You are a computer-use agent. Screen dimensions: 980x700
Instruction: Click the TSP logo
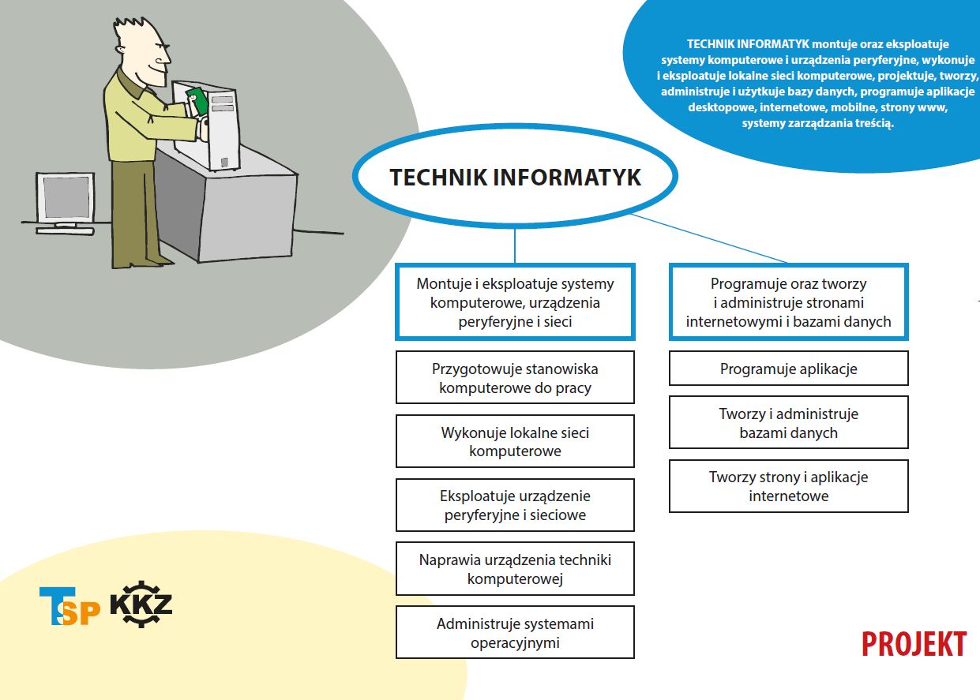point(69,605)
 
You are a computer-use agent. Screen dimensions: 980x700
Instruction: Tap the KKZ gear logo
point(141,605)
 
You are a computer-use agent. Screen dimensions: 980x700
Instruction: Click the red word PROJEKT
point(914,644)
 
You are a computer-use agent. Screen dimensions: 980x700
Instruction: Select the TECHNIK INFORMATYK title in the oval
point(516,177)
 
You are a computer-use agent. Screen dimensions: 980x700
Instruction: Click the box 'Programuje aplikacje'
point(788,368)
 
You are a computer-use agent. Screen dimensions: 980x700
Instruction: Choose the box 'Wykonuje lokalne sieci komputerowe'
point(515,441)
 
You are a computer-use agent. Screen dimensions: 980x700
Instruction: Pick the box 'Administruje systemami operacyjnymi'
point(515,632)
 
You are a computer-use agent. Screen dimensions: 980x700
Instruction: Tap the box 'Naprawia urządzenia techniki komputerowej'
point(515,568)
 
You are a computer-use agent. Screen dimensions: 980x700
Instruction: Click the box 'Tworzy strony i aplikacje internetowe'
point(788,486)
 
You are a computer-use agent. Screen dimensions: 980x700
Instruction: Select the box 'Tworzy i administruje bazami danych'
point(788,422)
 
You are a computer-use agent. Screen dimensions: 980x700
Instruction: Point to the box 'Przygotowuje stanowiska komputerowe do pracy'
point(515,377)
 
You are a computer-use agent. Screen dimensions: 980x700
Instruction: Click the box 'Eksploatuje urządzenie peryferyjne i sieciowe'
point(515,505)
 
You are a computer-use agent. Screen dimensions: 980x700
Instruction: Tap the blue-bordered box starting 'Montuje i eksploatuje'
point(515,301)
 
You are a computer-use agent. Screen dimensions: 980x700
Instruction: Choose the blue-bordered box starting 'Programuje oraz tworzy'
point(788,301)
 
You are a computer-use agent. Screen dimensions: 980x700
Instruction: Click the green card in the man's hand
point(197,100)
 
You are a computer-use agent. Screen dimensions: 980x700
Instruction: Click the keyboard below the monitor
point(65,231)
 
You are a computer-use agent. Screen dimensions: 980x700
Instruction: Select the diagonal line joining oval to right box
point(708,238)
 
